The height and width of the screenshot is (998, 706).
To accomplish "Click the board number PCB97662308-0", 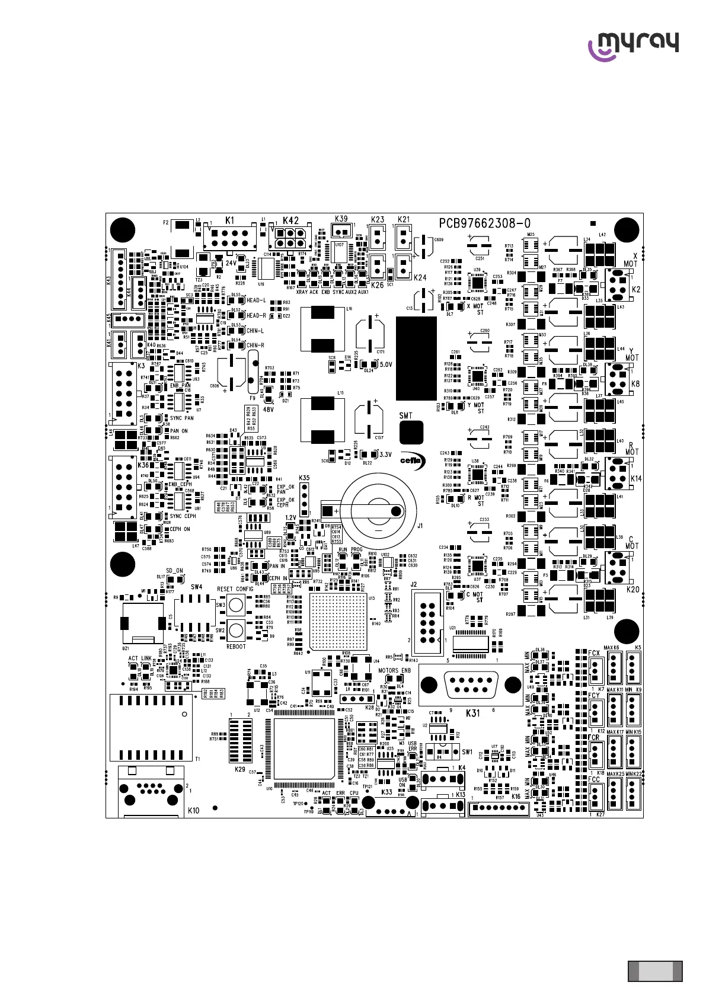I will (484, 223).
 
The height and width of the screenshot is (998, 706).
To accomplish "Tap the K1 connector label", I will (230, 220).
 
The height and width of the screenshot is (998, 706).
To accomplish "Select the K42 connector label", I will (290, 220).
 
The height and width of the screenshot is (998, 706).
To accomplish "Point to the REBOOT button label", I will (236, 647).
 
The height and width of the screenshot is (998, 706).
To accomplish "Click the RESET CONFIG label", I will (235, 589).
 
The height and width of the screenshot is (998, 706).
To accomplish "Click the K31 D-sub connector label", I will (472, 713).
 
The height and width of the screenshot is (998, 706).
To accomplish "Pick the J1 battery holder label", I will (420, 525).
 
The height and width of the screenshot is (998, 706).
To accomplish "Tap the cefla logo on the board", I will (410, 460).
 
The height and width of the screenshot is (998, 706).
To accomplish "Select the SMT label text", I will (405, 415).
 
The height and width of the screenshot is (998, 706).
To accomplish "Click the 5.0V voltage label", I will (385, 364).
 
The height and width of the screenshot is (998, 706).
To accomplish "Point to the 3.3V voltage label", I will (385, 455).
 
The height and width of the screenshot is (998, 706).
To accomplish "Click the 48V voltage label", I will (269, 409).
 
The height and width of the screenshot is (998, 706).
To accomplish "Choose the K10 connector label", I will (193, 810).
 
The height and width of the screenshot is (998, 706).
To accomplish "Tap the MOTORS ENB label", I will (394, 671).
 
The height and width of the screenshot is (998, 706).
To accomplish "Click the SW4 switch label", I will (196, 587).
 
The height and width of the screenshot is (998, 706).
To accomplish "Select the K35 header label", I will (304, 478).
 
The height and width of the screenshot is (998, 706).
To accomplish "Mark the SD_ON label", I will (175, 571).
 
